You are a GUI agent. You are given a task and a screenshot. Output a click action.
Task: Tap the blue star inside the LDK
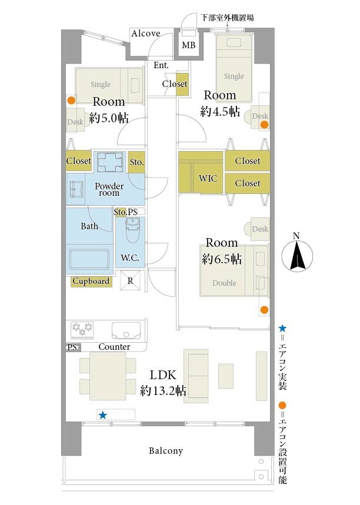coord(102,415)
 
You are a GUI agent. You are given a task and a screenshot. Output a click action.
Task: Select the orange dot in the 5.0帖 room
coord(71,101)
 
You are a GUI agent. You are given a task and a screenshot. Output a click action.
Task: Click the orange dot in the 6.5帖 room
coord(264,310)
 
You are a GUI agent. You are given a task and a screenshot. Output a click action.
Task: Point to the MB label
coord(189,45)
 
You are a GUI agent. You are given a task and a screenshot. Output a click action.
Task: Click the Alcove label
coord(146,33)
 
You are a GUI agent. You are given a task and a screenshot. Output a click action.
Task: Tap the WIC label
coord(208,178)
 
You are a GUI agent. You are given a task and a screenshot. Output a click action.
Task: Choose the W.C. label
coord(130,257)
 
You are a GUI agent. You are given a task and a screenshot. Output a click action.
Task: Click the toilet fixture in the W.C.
coord(132,230)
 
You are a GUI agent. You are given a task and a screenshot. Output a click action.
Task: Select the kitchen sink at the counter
coord(126,330)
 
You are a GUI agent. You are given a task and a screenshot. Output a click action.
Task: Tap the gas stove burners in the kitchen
coord(82,330)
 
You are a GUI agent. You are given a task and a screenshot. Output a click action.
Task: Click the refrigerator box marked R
coord(130,280)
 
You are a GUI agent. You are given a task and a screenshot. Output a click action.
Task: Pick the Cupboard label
coord(91,281)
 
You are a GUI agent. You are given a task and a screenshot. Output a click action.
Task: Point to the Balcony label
coord(166,450)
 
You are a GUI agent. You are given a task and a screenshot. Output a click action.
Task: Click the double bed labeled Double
coord(234,270)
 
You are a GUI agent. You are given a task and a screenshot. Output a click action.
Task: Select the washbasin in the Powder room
coord(76,189)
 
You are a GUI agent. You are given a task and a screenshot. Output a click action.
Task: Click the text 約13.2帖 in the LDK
coord(163,391)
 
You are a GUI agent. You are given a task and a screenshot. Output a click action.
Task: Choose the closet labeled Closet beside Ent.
coord(182,84)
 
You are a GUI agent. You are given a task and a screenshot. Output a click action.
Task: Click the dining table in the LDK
coord(108,376)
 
